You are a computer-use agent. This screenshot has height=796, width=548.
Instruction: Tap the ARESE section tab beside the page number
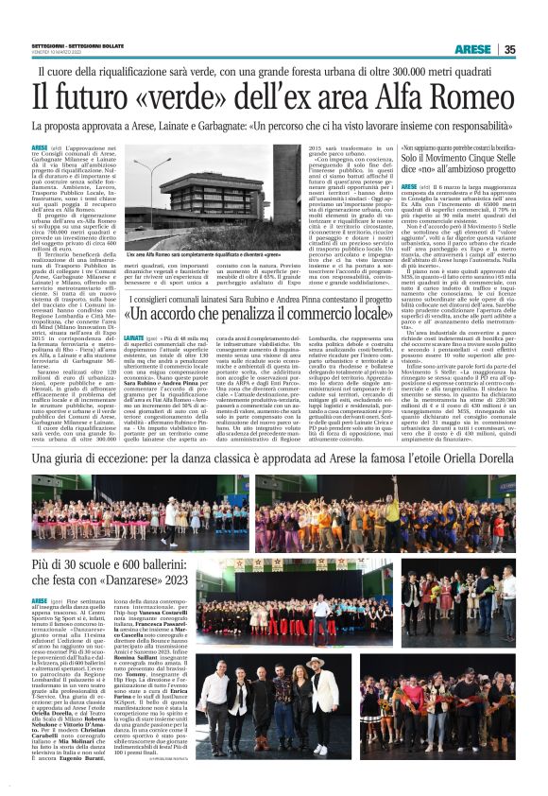tap(471, 50)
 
